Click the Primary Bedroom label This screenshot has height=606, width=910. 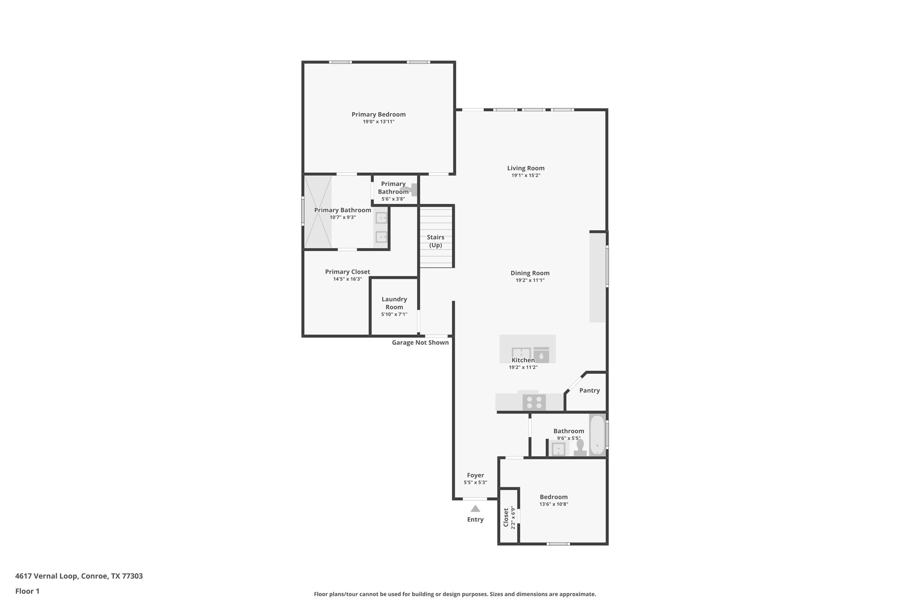point(378,114)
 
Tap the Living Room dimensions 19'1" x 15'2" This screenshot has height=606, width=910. point(526,175)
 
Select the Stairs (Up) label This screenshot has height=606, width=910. point(436,241)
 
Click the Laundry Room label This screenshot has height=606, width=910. point(394,303)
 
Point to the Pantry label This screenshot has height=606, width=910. point(589,390)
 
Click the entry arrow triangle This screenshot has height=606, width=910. point(475,508)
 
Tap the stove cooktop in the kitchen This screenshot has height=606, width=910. point(534,403)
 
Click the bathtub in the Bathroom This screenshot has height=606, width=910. point(597,435)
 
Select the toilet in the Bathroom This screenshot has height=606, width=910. point(580,447)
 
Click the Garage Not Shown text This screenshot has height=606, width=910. point(420,342)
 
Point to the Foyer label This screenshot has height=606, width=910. point(476,475)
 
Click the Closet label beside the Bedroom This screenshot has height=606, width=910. point(506,518)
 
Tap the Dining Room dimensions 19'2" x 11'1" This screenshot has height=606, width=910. point(530,280)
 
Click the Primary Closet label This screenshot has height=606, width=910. point(348,272)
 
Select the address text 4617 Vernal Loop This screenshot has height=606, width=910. point(46,576)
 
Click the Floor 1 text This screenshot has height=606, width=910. point(27,591)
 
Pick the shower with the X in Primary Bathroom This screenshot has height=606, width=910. point(318,212)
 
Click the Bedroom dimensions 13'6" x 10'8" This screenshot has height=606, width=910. point(554,504)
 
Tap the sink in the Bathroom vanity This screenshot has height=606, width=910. point(558,449)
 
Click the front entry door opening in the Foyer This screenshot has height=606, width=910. point(475,499)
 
